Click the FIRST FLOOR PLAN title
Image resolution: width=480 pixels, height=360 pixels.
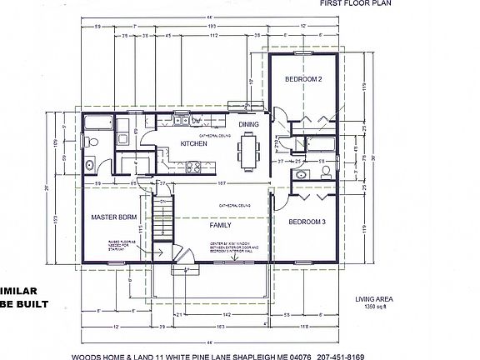pos(353,4)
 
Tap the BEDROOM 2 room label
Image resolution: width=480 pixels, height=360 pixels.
pos(304,79)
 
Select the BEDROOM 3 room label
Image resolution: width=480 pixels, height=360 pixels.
pos(306,222)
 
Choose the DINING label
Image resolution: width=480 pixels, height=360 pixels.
pos(249,125)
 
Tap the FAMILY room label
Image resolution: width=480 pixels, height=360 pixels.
pos(221,225)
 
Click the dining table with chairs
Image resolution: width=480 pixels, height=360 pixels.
pos(248,152)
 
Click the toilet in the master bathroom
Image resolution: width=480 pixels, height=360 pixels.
pos(93,146)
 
